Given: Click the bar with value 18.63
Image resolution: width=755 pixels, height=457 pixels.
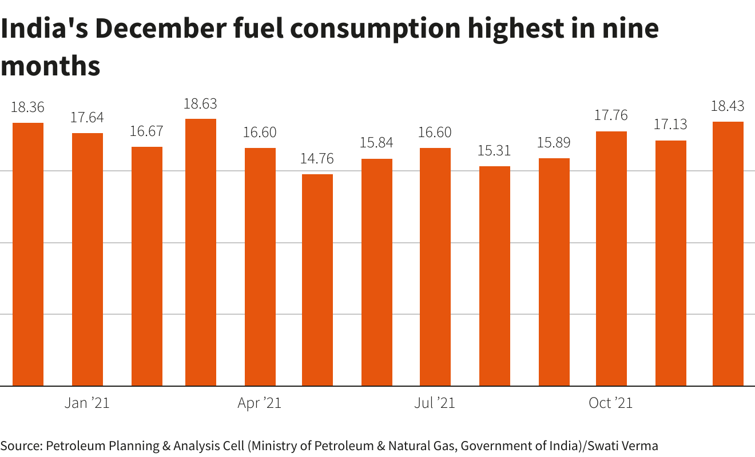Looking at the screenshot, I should click(201, 252).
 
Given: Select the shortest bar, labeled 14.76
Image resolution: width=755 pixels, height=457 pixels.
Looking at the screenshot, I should click(317, 280).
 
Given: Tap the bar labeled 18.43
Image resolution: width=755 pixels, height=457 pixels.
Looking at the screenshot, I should click(728, 254).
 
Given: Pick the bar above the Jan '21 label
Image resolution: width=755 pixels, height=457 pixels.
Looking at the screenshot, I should click(88, 259).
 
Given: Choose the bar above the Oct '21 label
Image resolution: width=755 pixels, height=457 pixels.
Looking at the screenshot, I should click(611, 258).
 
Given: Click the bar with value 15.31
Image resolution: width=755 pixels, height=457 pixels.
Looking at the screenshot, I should click(495, 276).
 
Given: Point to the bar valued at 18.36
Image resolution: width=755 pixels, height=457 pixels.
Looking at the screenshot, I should click(28, 254).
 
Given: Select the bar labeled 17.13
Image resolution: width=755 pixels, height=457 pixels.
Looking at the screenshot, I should click(671, 263).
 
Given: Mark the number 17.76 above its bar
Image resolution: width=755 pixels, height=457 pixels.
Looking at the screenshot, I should click(611, 115).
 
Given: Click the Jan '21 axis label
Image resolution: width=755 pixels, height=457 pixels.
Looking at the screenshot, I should click(87, 403).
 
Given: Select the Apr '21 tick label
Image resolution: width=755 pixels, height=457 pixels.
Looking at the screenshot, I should click(260, 403).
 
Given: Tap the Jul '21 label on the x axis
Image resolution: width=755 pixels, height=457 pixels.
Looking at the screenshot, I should click(435, 403).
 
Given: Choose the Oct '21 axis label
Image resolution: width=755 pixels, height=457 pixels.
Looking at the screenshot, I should click(611, 403).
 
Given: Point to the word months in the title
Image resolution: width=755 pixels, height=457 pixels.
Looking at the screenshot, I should click(50, 66).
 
